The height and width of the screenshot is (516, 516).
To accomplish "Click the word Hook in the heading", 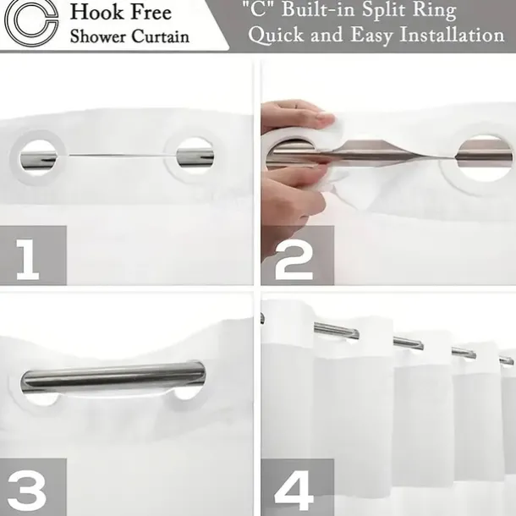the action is pos(97,12).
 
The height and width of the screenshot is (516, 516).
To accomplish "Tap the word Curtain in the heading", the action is pos(161,36).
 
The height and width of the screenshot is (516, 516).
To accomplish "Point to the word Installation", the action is pos(452,34).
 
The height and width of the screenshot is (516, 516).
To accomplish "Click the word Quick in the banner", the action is pos(276,35).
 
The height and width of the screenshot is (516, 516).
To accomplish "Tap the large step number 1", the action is pos(28,260).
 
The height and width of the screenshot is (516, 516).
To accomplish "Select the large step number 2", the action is pos(294,260).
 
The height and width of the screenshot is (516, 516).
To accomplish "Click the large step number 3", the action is pos(27,491).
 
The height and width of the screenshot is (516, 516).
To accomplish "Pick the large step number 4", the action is pos(294,491).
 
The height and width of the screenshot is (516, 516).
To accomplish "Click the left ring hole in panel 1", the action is pos(38,157).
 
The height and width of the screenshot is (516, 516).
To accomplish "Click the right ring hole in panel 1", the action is pos(195,156).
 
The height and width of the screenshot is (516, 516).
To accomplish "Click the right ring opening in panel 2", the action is pos(485,157).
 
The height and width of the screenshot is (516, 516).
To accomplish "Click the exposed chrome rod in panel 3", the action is pos(113,378).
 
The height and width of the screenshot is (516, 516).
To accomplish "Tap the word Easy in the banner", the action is pos(371,35).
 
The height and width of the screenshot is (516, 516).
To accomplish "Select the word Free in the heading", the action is pos(151,12).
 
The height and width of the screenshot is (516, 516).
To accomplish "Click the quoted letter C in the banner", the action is pos(258,9).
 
